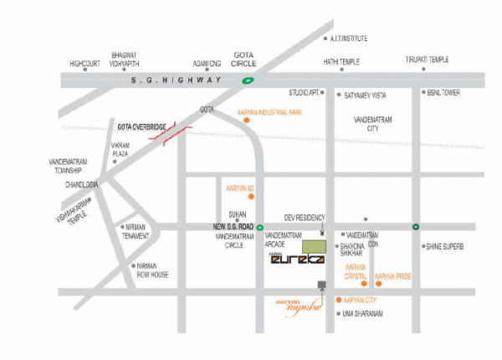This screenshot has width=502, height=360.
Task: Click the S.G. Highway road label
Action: pos(177,80)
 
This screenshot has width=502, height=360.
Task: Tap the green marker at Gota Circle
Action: pos(248,80)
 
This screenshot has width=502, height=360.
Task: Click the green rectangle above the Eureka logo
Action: pos(314,246)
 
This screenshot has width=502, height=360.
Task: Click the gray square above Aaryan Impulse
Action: pos(321,285)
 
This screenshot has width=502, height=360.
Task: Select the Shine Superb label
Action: pos(444,246)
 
